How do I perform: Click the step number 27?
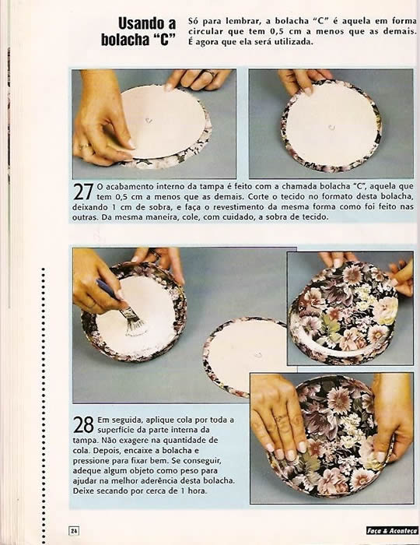click(x=83, y=192)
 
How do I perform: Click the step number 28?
click(x=83, y=424)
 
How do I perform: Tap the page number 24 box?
click(x=75, y=531)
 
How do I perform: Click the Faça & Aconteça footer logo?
click(x=392, y=530)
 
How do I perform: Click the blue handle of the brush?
click(x=107, y=290)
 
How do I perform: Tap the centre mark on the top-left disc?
click(x=149, y=120)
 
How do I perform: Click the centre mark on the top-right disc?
click(x=331, y=127)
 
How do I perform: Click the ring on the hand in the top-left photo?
click(x=84, y=146)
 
